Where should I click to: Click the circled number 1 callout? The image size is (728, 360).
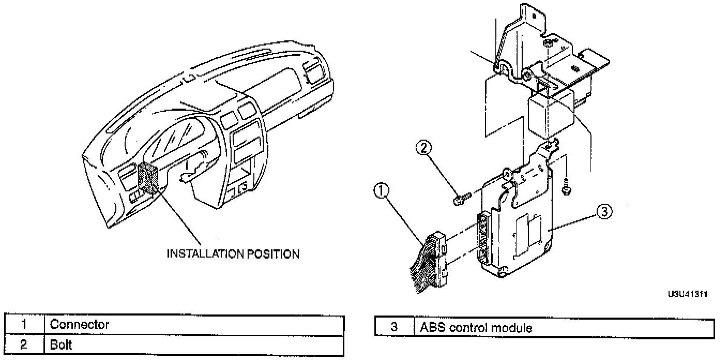pos(381,192)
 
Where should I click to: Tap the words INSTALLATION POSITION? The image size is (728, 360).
pos(232,254)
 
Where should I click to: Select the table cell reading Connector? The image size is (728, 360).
pos(80,325)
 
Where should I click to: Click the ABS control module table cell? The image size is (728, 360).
pos(476,327)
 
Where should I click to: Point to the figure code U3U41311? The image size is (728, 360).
pos(687,294)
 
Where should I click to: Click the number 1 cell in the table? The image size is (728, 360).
pos(24,325)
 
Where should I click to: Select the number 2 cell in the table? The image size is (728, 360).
pos(24,345)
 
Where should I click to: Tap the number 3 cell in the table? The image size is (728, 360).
pos(394,327)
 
